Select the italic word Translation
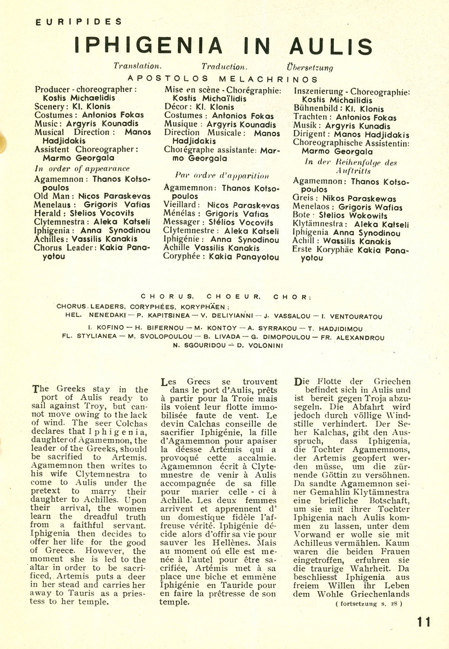click(137, 67)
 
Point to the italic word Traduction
click(224, 67)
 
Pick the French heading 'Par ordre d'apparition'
click(214, 175)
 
